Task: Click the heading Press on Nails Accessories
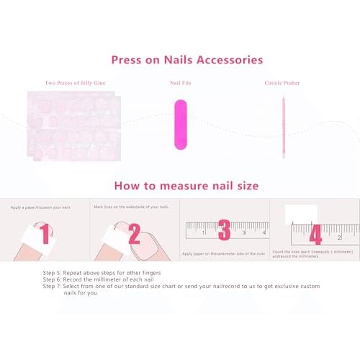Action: pos(186,60)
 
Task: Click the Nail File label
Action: pos(180,84)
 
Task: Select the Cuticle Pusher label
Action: pos(282,84)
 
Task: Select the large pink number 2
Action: pos(134,234)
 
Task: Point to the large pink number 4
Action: pos(315,235)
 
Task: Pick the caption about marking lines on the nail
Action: pos(132,207)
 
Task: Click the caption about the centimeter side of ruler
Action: pos(223,253)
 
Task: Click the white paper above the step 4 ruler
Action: pos(301,215)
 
